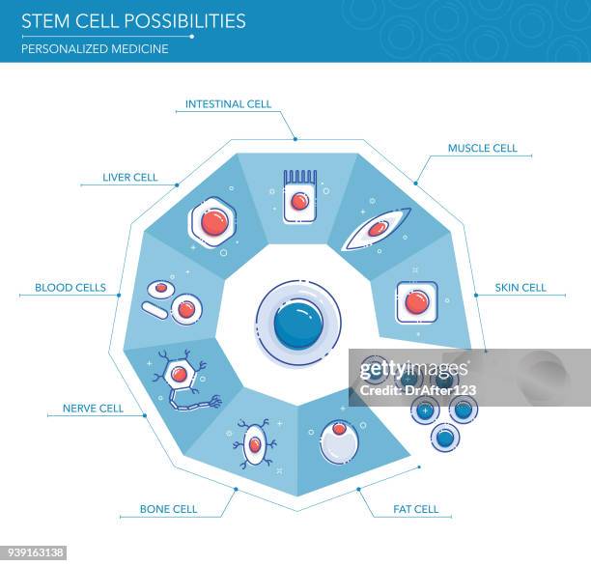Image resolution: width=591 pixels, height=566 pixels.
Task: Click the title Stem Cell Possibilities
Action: click(x=133, y=21)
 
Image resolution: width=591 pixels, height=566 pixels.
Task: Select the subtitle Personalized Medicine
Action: click(x=95, y=48)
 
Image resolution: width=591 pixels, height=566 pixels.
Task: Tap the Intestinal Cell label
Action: click(x=228, y=103)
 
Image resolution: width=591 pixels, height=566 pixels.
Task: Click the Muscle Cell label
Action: click(x=482, y=148)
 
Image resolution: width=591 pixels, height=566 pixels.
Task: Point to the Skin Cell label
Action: click(x=521, y=287)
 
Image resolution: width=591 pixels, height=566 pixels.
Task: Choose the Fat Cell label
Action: click(x=415, y=509)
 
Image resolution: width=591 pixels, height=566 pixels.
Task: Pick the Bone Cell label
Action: click(x=168, y=509)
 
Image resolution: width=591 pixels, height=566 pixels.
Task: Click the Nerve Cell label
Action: click(x=93, y=409)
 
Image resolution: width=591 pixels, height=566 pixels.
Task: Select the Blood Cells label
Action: click(x=70, y=287)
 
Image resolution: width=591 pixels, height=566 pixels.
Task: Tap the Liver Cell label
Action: click(x=130, y=178)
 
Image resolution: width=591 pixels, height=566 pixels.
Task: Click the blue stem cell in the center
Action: click(x=298, y=324)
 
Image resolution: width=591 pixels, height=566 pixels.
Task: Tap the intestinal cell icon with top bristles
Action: click(x=299, y=197)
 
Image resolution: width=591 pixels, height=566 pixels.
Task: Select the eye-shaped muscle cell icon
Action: click(x=377, y=230)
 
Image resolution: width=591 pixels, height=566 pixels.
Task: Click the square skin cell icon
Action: click(x=416, y=302)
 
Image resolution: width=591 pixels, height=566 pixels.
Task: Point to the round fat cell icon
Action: click(x=338, y=442)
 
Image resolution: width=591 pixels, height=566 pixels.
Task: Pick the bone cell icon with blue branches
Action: click(x=255, y=444)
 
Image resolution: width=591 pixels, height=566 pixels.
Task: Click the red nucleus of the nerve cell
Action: click(x=179, y=374)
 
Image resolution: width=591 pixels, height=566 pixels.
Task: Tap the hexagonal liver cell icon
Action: click(x=213, y=222)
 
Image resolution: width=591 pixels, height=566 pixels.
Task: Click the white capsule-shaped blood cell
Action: click(x=155, y=310)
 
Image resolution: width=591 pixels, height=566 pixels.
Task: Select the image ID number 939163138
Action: click(x=34, y=553)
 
